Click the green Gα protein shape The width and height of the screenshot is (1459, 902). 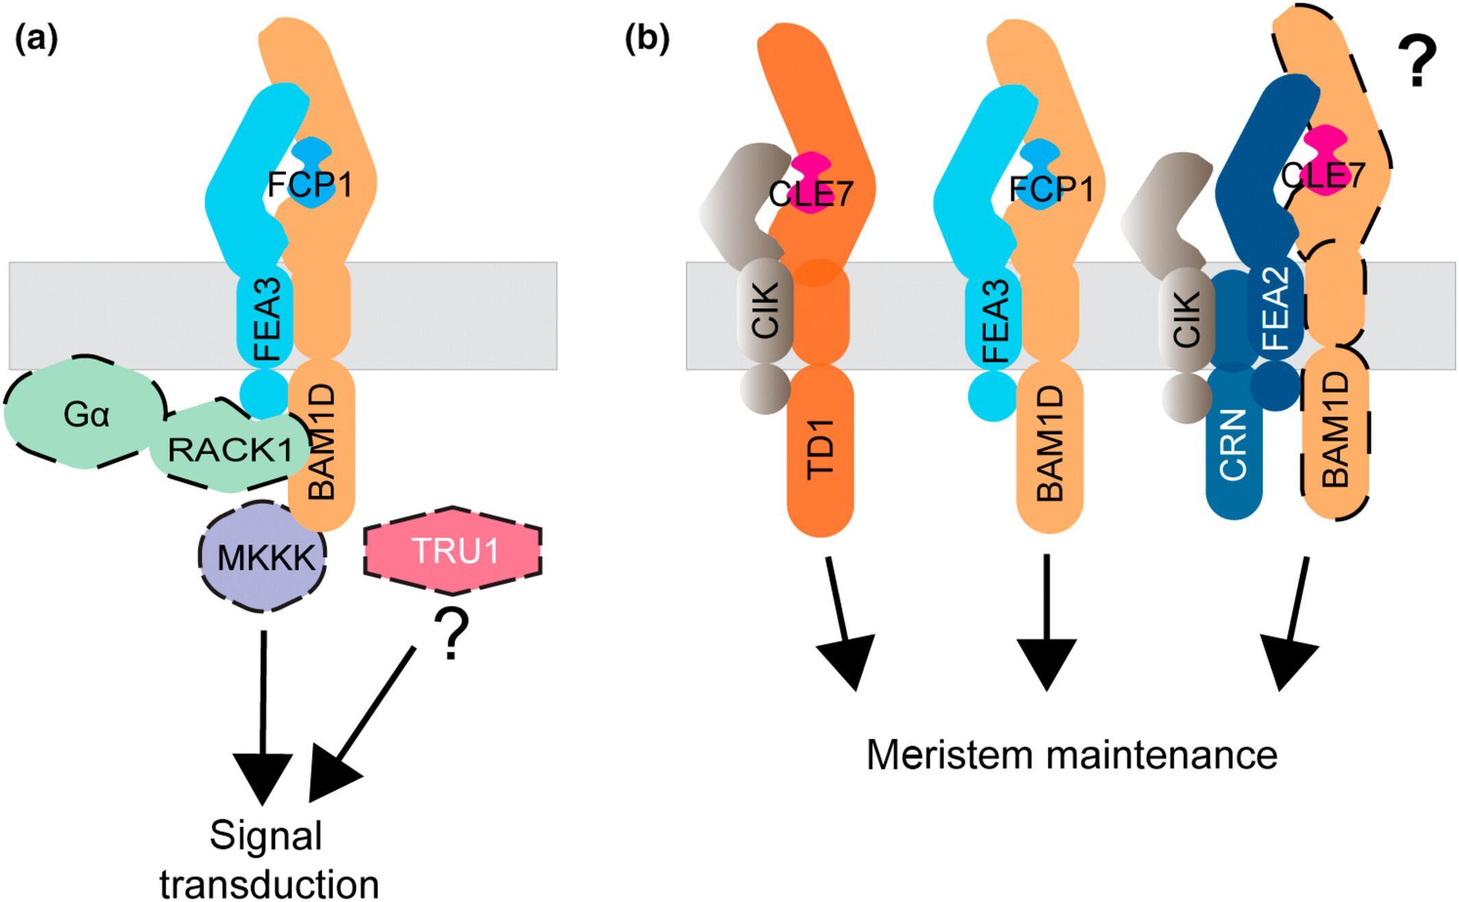tap(85, 414)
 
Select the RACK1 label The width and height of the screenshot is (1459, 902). tap(230, 451)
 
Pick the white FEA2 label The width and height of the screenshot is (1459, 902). tap(1277, 308)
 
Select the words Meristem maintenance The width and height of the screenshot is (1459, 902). tap(1072, 755)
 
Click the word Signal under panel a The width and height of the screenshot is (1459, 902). tap(266, 835)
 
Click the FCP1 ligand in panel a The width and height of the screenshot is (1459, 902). tap(310, 184)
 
